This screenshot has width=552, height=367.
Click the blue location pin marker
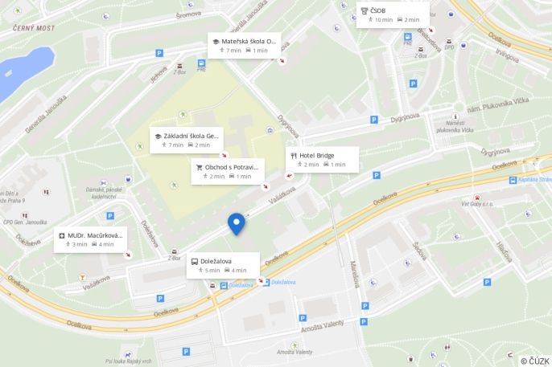pyautogui.click(x=236, y=223)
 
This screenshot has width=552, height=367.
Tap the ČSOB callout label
pyautogui.click(x=392, y=14)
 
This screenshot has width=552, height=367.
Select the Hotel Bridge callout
pyautogui.click(x=321, y=159)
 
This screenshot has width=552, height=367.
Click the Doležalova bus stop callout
pyautogui.click(x=223, y=265)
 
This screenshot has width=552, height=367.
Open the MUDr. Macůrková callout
pyautogui.click(x=90, y=239)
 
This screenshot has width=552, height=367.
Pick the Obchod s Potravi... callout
pyautogui.click(x=228, y=171)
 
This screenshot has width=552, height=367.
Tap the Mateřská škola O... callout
pyautogui.click(x=243, y=45)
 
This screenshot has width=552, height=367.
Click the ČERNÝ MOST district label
pyautogui.click(x=34, y=28)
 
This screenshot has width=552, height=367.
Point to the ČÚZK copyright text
pyautogui.click(x=535, y=361)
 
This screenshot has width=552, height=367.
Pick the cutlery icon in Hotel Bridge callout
pyautogui.click(x=294, y=155)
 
